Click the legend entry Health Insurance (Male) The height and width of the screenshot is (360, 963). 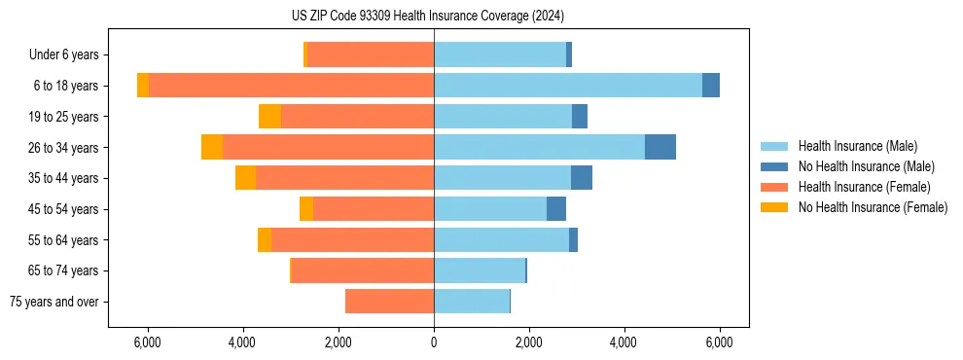coord(857,146)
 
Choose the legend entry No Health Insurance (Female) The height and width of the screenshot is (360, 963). coord(873,207)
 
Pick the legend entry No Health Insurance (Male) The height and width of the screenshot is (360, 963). coord(866,166)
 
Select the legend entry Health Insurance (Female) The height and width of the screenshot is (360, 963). coord(864,187)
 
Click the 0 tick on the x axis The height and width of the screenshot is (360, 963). coord(434,342)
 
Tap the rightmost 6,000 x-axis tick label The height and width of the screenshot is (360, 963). coord(719,342)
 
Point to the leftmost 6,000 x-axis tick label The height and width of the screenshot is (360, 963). coord(148,342)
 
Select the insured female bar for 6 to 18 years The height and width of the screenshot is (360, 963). coord(292,86)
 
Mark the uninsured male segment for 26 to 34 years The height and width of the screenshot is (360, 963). coord(660,147)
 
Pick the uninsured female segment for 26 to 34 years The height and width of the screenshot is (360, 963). coord(212,147)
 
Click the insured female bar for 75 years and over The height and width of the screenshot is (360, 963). coord(389,302)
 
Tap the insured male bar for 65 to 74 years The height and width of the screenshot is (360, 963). coord(480,270)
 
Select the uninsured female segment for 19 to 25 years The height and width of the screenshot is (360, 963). coord(269,117)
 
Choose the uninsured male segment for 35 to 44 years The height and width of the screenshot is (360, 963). coord(581,178)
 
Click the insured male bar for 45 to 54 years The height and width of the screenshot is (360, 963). coord(490,209)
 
